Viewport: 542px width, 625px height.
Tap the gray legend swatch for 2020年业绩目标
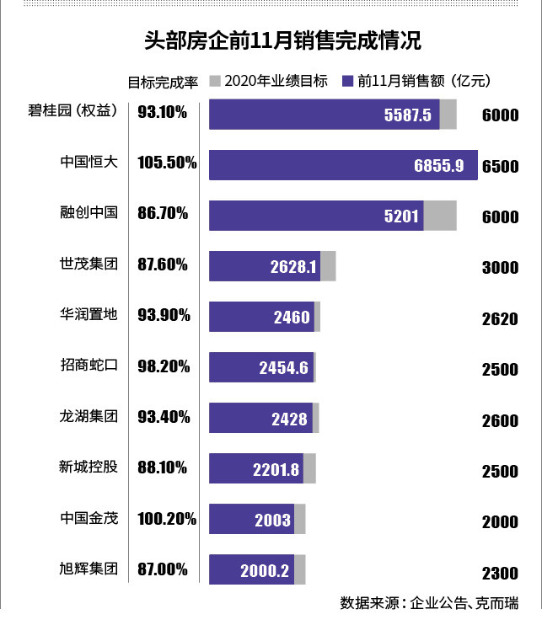click(x=214, y=82)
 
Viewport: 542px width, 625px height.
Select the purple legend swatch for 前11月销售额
click(x=347, y=82)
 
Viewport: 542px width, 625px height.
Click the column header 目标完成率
click(x=162, y=83)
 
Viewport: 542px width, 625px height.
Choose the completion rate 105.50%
click(x=167, y=163)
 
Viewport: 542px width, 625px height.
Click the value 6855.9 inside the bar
click(x=438, y=166)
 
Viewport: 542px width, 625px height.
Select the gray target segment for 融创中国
click(x=439, y=216)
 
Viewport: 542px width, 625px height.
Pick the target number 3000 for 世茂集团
click(x=500, y=269)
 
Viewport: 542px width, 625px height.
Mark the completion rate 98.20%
click(x=163, y=366)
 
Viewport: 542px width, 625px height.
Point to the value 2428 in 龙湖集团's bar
click(x=290, y=419)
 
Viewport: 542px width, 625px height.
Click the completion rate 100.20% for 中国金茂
click(x=167, y=519)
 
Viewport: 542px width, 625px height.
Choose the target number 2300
click(x=500, y=574)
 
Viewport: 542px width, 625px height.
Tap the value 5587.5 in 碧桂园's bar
click(x=407, y=115)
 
